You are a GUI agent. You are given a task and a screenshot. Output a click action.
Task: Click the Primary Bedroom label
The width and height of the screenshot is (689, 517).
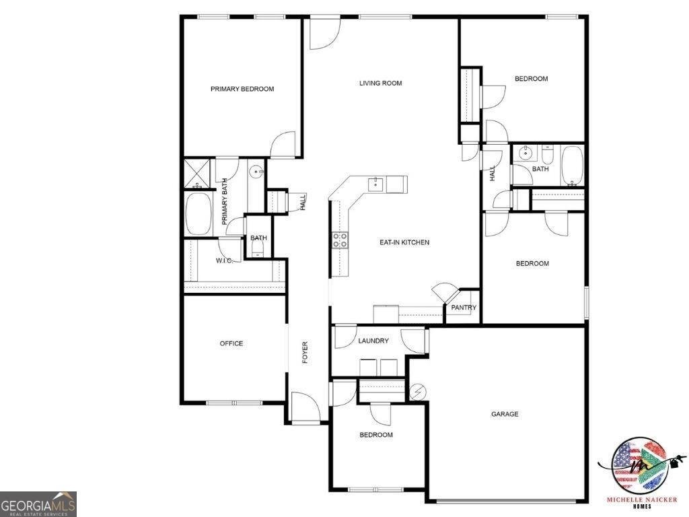[242, 89]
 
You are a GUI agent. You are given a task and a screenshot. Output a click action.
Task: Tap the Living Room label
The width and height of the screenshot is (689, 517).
[380, 83]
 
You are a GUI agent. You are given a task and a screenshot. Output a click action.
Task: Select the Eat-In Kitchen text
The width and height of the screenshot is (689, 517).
[404, 242]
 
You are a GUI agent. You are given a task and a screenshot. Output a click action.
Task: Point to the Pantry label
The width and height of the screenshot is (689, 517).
[464, 308]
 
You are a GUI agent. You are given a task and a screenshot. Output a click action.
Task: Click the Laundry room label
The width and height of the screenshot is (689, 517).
[373, 341]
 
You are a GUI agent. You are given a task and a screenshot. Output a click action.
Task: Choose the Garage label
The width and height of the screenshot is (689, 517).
[505, 414]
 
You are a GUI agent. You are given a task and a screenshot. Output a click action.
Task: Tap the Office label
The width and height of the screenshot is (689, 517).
[231, 343]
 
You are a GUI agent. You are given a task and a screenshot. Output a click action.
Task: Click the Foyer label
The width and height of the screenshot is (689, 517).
[305, 353]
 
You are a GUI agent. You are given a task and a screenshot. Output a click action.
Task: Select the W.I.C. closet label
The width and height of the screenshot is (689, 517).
[224, 261]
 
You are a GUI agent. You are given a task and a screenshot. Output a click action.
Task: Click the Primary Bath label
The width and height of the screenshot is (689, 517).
[225, 201]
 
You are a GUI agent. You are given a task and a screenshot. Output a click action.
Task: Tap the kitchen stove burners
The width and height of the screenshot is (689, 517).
[340, 240]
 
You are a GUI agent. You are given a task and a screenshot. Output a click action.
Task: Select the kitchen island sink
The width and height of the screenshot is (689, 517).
[374, 183]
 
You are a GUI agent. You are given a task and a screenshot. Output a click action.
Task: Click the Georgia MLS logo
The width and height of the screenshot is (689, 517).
[38, 504]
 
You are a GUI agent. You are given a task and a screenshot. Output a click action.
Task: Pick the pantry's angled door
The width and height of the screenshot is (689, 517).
[443, 292]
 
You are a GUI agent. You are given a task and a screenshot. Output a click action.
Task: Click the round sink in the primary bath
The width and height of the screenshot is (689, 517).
[256, 172]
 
